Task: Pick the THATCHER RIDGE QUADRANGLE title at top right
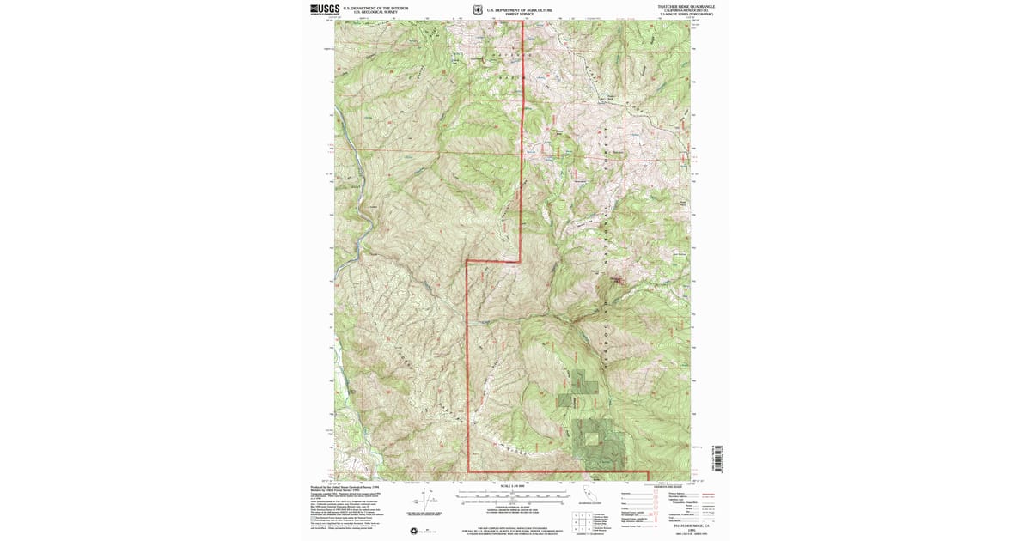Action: [x=686, y=6]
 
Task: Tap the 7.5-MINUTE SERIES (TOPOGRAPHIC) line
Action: [x=686, y=14]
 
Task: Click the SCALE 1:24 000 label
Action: [x=512, y=486]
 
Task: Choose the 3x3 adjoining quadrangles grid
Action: [x=579, y=519]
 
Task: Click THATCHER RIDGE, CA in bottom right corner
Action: [x=686, y=528]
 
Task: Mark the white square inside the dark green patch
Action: [x=593, y=438]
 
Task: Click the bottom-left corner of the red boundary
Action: [x=468, y=471]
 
